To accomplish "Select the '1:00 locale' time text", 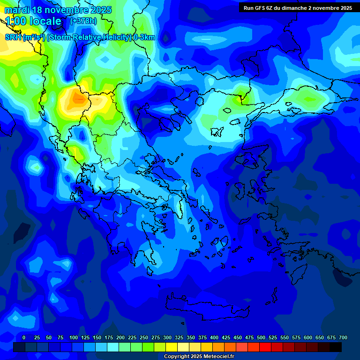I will [34, 21].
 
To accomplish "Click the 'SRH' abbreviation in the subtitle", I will [13, 37].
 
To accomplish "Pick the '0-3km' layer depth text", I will [144, 37].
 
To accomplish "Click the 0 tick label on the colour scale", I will [24, 337].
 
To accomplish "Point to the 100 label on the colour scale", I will [74, 337].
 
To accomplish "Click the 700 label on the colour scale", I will [343, 337].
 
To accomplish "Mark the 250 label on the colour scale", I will [144, 337].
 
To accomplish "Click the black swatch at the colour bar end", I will [336, 347].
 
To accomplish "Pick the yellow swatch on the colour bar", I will [172, 347].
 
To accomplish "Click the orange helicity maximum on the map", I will [76, 98].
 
